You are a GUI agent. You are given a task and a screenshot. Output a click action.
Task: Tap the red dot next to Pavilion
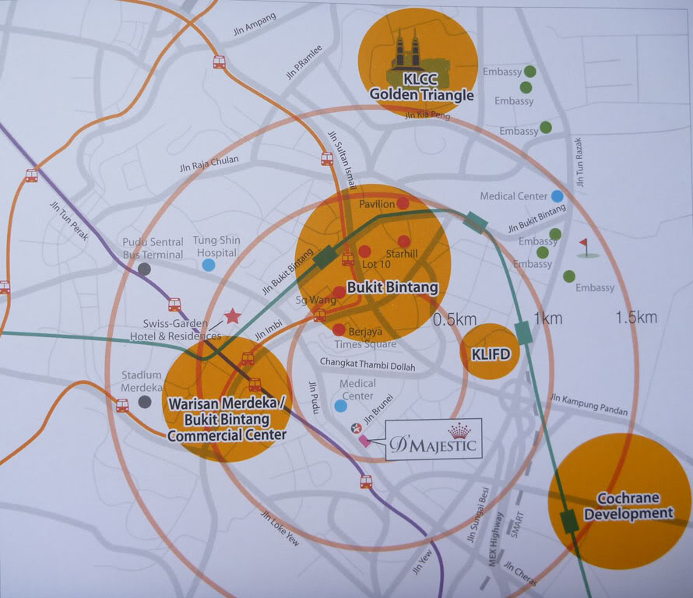click(x=403, y=203)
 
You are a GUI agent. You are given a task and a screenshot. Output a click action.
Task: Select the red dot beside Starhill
click(x=403, y=241)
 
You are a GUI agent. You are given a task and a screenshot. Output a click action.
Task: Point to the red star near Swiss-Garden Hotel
click(x=232, y=315)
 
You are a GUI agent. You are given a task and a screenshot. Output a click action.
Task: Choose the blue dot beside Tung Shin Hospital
click(x=209, y=265)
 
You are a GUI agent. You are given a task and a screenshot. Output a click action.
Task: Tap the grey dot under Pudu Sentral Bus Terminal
click(x=144, y=269)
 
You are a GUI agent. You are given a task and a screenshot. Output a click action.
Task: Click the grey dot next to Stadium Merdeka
click(x=144, y=402)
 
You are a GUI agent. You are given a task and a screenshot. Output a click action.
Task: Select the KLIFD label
click(x=491, y=355)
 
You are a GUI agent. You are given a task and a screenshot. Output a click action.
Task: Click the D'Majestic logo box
click(x=433, y=438)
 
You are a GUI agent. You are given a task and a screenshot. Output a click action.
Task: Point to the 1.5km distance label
click(x=636, y=317)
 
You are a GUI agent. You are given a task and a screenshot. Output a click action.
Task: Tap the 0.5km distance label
click(x=455, y=319)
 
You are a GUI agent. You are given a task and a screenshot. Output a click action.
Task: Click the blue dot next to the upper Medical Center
click(x=557, y=196)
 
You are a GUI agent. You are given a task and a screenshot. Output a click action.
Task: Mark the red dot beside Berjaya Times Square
click(x=339, y=329)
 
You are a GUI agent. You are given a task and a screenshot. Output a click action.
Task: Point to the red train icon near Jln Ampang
click(x=220, y=62)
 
